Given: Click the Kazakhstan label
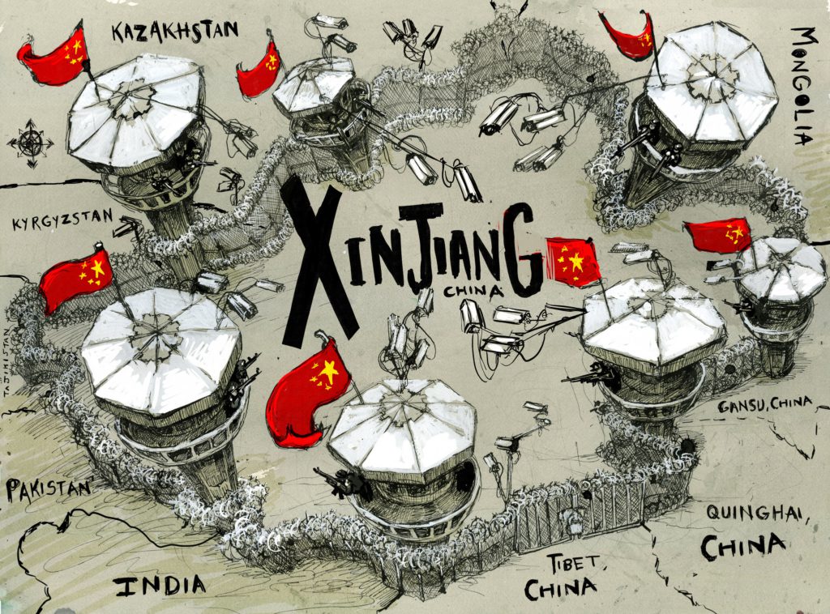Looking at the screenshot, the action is (175, 32).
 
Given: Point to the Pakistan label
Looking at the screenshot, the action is (48, 489).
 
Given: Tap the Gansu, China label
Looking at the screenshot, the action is (764, 405).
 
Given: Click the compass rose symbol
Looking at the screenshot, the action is (30, 143).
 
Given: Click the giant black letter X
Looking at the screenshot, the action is (319, 262).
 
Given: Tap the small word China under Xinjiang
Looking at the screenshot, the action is (473, 291).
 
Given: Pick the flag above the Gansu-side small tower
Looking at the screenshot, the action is (719, 236).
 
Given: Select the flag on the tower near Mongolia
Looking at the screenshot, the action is (629, 34).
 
